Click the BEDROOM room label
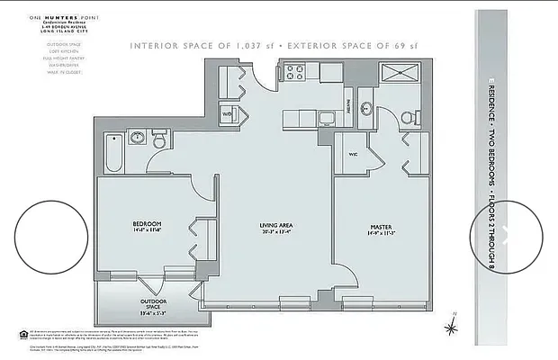pyautogui.click(x=146, y=222)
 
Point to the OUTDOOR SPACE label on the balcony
pyautogui.click(x=151, y=302)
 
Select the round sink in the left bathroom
pyautogui.click(x=138, y=139)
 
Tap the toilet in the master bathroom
pyautogui.click(x=406, y=115)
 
